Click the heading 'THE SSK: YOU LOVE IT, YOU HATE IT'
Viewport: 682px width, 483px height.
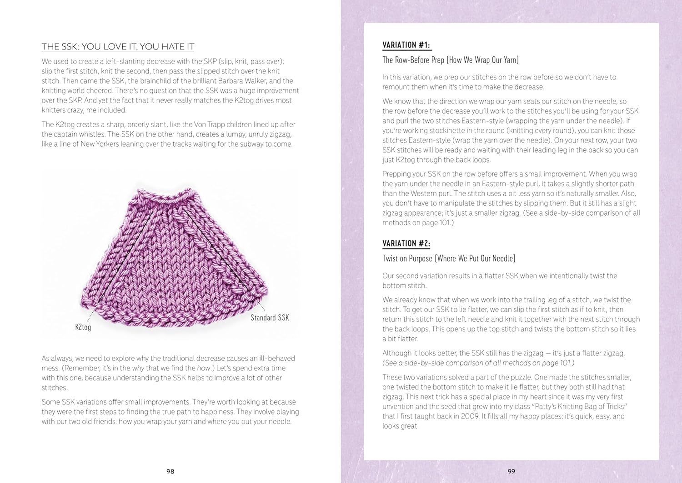click(x=118, y=47)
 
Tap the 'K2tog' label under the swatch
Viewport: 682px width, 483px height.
click(x=83, y=327)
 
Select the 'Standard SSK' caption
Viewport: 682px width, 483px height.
click(x=270, y=318)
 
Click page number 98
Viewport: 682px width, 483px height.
click(x=170, y=471)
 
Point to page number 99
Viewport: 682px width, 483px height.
click(x=511, y=471)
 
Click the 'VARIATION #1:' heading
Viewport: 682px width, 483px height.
click(x=406, y=45)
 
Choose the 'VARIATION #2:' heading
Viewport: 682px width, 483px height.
click(x=406, y=243)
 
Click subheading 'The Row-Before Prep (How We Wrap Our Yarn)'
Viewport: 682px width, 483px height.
click(x=450, y=60)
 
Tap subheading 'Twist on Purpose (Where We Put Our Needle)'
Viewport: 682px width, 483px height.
click(x=449, y=259)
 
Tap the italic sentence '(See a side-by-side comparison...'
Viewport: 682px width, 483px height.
click(x=478, y=363)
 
